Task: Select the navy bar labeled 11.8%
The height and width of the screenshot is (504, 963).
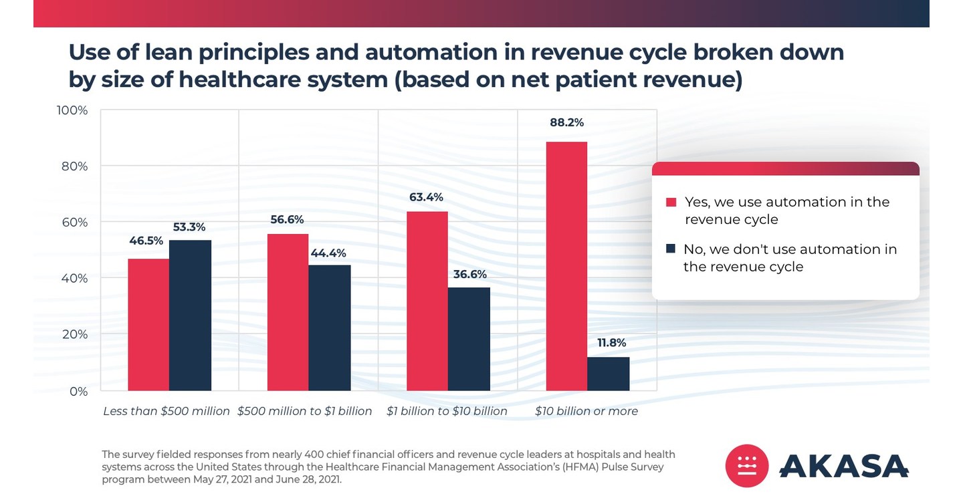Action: (x=609, y=374)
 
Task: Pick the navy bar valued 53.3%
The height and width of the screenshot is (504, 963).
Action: (x=190, y=315)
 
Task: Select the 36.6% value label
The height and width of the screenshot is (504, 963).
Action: (x=469, y=274)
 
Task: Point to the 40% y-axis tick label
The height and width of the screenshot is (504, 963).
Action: (x=74, y=278)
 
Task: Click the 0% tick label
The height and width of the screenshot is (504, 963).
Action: (x=78, y=391)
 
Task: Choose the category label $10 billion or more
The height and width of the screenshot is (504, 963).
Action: (x=586, y=411)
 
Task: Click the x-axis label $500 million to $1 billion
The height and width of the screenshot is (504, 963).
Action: (x=304, y=411)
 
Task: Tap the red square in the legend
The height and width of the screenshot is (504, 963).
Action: (x=671, y=202)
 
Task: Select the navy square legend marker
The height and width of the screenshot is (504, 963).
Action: (x=671, y=249)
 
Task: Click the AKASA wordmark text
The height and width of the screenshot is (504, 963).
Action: (x=844, y=466)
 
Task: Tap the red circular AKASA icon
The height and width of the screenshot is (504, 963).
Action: (x=747, y=466)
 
